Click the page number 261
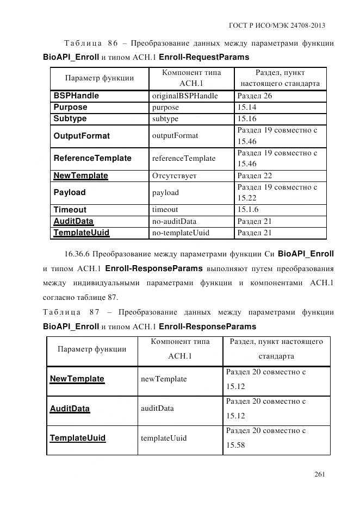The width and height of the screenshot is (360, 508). coord(319,474)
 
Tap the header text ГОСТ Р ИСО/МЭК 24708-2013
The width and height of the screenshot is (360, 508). coord(278,26)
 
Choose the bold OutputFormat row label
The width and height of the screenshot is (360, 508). coord(82,136)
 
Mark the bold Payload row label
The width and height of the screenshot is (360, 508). coord(70,192)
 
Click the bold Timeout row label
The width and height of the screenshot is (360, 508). coord(70,210)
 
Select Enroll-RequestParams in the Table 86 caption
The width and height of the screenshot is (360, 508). coord(204,57)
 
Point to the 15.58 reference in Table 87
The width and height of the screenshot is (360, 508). coord(235,445)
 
